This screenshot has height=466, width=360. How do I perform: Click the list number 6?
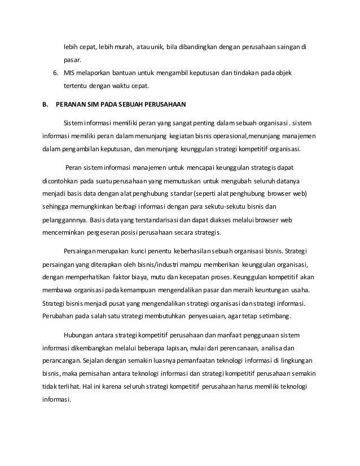pyautogui.click(x=55, y=73)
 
